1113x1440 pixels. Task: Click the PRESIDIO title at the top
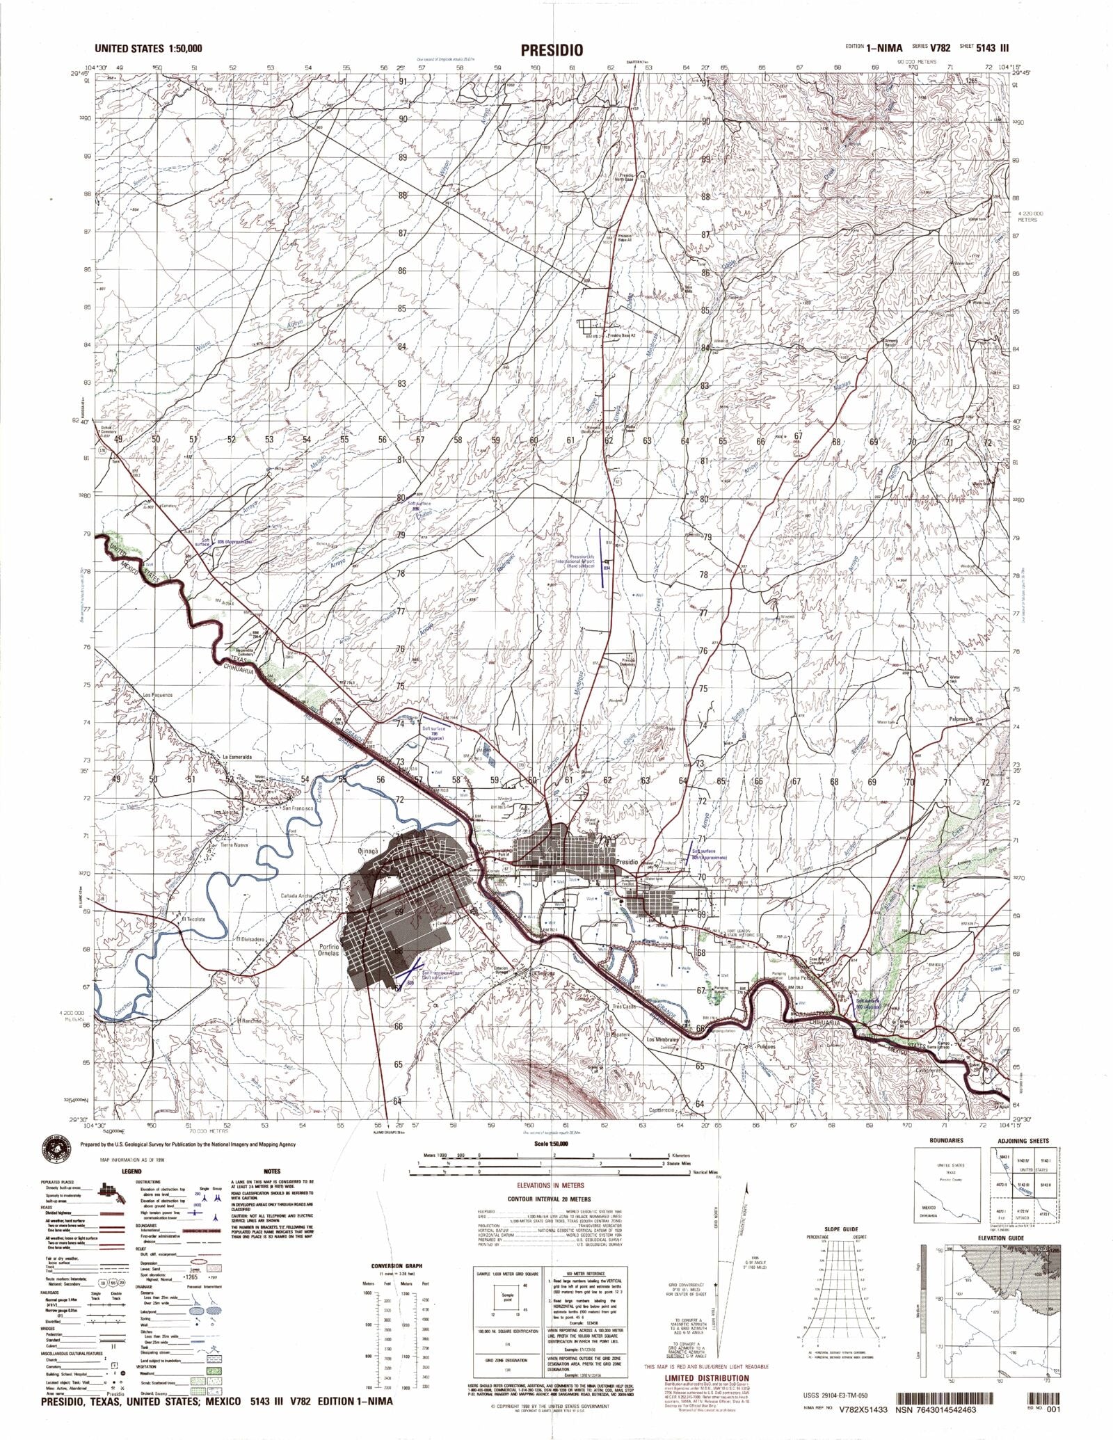pos(550,51)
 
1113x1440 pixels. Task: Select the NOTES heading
pos(272,1171)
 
